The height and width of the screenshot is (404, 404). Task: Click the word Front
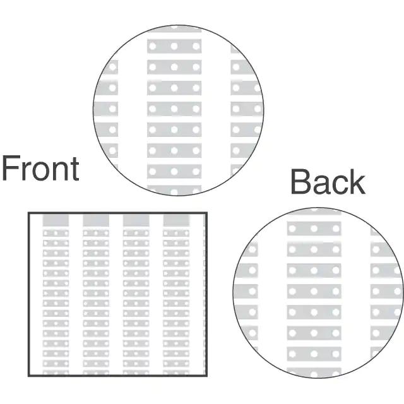coord(40,169)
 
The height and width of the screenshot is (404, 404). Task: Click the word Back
coord(328,182)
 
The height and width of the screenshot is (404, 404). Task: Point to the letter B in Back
coord(301,182)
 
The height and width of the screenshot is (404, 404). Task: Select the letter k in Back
coord(357,182)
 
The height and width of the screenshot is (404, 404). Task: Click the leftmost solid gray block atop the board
coord(56,220)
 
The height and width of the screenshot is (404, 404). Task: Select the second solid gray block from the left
coord(96,220)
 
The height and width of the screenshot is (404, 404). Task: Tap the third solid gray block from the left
coord(136,220)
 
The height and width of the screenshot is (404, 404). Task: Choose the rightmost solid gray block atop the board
coord(176,220)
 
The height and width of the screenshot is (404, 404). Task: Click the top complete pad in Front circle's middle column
coord(174,46)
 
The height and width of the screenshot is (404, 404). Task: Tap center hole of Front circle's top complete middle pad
coord(174,46)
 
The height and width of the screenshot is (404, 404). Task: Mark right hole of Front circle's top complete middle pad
coord(195,46)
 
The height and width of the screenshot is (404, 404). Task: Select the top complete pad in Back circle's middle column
coord(314,229)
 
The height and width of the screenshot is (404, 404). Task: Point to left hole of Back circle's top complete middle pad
coord(294,229)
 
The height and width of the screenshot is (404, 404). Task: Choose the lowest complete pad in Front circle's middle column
coord(174,171)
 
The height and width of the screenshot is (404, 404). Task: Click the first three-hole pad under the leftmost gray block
coord(56,233)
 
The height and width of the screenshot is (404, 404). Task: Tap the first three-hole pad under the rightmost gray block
coord(176,233)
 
